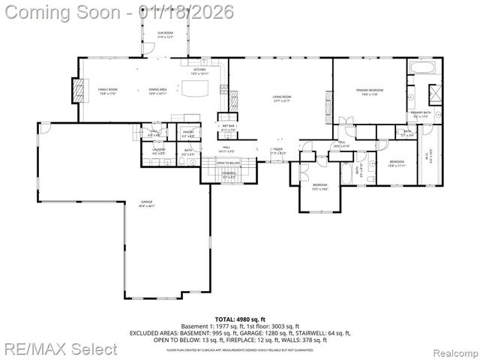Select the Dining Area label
(x=157, y=91)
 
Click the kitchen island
(x=197, y=90)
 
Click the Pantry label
(x=188, y=133)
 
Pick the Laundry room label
(x=159, y=151)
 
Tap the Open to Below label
(x=228, y=163)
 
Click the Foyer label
(x=277, y=150)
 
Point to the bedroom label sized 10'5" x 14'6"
(x=319, y=187)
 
